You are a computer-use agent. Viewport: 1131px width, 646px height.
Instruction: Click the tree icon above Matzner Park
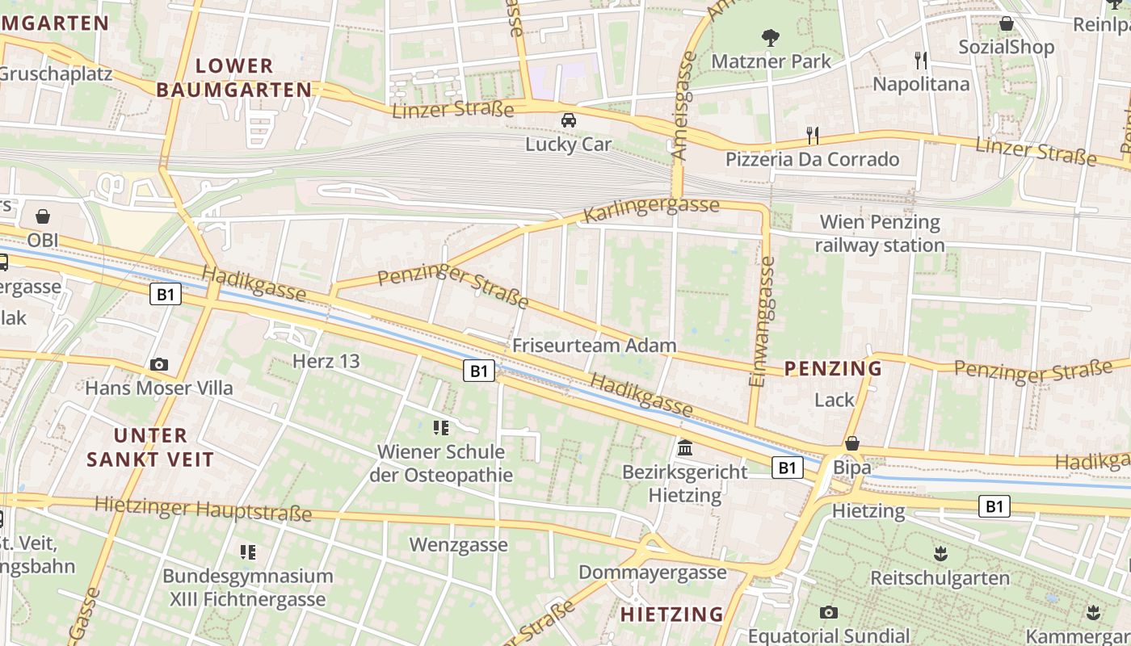[771, 36]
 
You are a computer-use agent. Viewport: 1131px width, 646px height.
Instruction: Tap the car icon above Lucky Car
[569, 120]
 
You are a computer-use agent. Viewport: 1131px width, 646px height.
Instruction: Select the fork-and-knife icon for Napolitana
[920, 60]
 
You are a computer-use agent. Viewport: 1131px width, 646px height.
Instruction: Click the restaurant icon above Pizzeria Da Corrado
[813, 135]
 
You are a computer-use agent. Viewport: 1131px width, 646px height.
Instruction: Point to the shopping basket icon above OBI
[43, 216]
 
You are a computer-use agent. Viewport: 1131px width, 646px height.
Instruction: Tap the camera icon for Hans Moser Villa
[159, 364]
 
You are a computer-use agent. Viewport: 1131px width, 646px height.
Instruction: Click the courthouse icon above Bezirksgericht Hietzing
[685, 447]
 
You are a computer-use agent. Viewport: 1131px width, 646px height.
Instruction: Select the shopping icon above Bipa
[852, 443]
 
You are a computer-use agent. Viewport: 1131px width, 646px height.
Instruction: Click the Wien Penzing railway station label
[880, 233]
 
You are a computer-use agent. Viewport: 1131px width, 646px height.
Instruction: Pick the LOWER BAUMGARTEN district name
[234, 78]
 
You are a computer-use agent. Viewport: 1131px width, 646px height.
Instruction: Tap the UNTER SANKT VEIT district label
[150, 447]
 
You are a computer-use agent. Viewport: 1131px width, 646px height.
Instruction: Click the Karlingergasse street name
[650, 208]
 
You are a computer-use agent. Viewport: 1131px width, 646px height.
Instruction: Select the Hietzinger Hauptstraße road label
[203, 509]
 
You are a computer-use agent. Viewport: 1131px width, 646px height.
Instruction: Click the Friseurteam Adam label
[594, 346]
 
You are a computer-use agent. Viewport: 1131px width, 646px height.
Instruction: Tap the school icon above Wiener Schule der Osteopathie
[440, 427]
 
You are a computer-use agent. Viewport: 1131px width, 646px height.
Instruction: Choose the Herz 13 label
[326, 361]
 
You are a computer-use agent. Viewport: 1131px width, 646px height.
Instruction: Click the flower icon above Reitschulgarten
[940, 554]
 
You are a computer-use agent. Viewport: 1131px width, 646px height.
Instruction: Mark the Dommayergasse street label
[653, 573]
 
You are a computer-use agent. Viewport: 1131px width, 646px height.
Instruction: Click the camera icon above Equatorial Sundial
[828, 612]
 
